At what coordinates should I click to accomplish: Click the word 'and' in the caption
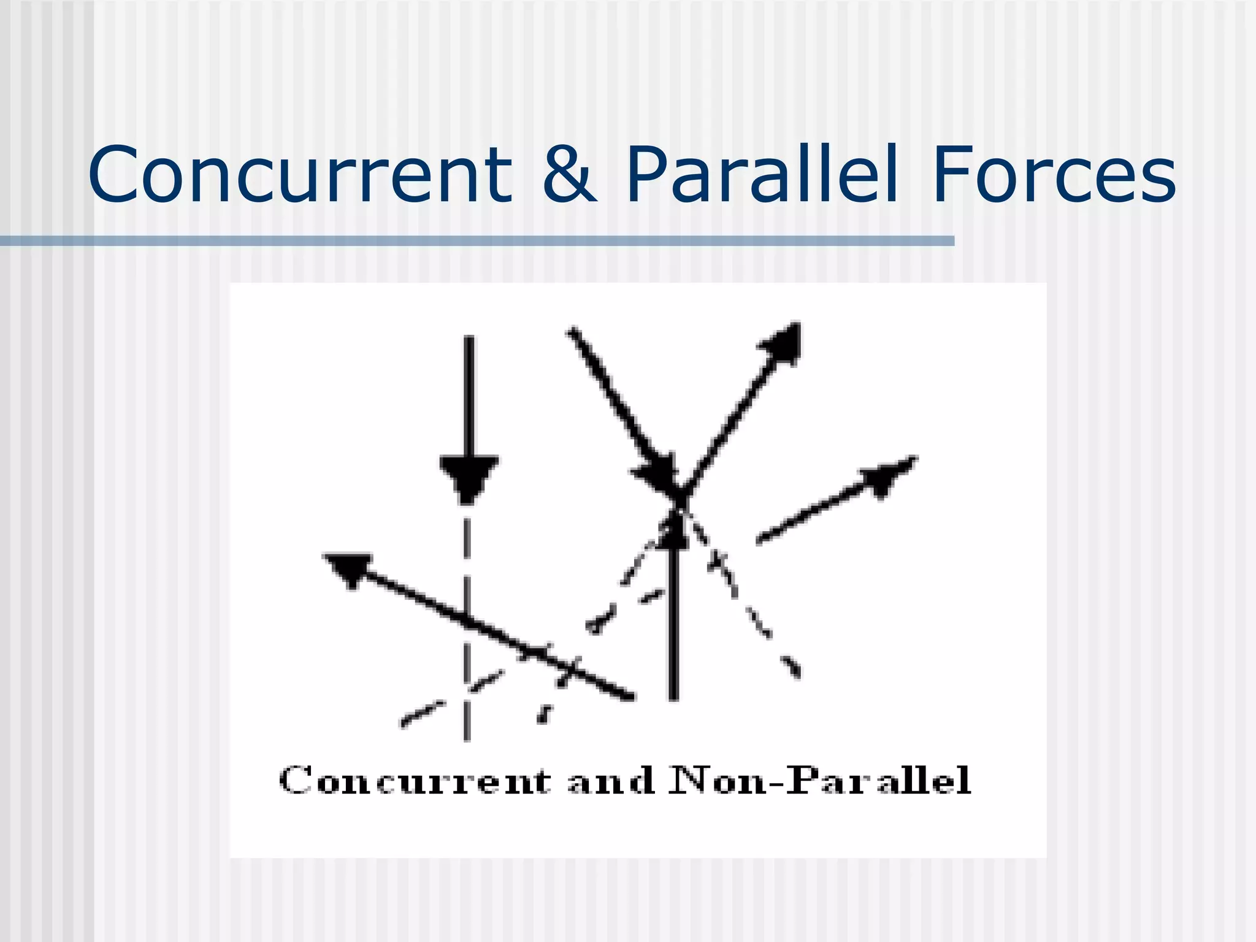click(611, 781)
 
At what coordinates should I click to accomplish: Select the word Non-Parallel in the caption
click(819, 781)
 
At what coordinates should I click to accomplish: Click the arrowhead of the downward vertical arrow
click(469, 478)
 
